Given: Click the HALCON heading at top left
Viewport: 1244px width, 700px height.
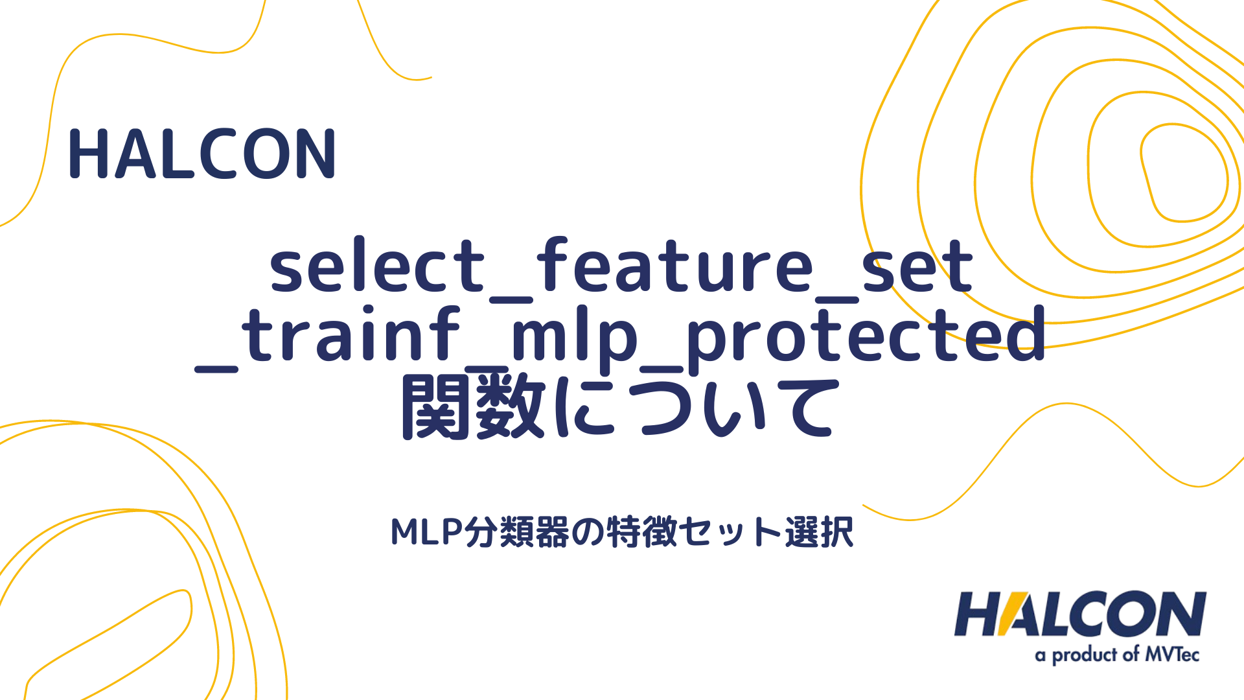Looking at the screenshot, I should click(202, 154).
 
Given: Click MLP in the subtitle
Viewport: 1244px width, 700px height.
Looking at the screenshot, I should click(428, 533).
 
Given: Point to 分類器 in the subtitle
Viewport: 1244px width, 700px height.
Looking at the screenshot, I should click(518, 533).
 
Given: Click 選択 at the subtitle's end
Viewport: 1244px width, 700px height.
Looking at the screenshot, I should click(819, 533).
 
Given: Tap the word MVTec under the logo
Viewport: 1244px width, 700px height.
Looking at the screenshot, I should click(1172, 655).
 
